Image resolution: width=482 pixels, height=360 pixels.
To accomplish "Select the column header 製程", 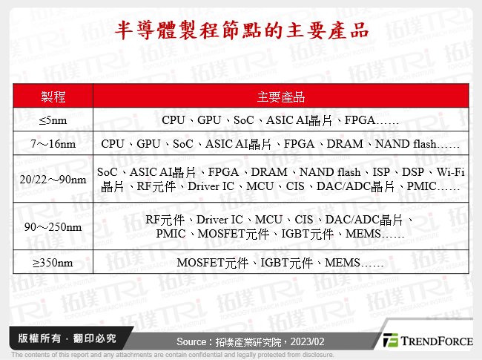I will (52, 97).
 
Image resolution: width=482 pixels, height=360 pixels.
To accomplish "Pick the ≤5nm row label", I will (52, 120).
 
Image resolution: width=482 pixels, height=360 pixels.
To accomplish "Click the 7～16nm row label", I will (52, 143).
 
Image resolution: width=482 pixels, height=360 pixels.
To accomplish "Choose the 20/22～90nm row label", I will (52, 180).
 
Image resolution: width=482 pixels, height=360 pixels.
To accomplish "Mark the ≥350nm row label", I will (52, 262).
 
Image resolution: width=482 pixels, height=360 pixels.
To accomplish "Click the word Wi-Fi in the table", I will (450, 172).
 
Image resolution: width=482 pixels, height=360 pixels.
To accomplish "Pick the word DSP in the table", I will (412, 172).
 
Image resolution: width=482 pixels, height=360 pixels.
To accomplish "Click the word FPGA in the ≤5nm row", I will (359, 120).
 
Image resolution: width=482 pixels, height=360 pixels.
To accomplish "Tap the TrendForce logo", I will (428, 341).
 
